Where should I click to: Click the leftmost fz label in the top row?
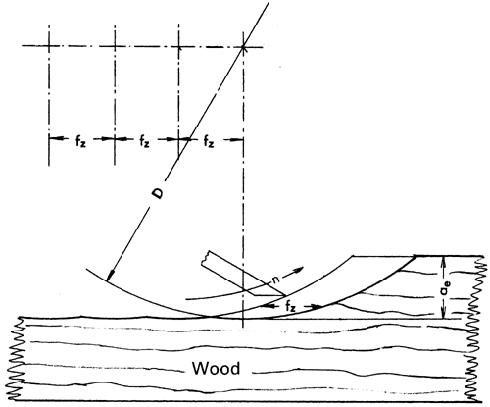(x=82, y=143)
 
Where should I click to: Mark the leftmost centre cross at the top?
(x=50, y=45)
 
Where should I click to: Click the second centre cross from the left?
(x=115, y=45)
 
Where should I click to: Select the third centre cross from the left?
(x=178, y=45)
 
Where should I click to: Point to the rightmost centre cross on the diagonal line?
(x=243, y=45)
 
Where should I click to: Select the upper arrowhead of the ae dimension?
(x=445, y=258)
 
